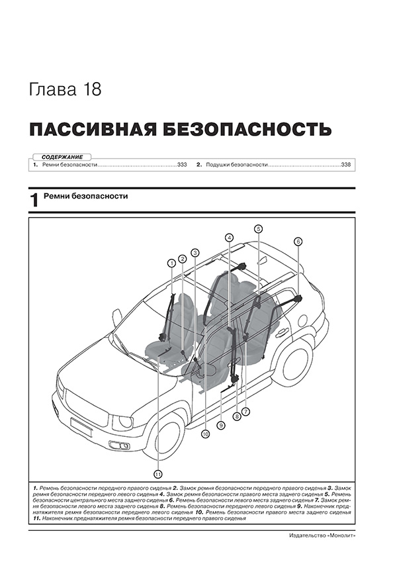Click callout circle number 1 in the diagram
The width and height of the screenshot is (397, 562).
[x=171, y=263]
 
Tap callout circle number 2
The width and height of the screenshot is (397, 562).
[x=183, y=258]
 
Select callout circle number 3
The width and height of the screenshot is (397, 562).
[x=195, y=252]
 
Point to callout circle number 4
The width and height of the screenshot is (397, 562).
[x=228, y=237]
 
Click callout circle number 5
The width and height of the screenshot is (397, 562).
[x=258, y=229]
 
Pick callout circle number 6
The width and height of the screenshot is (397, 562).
[x=298, y=241]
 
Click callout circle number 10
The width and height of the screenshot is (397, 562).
[x=205, y=434]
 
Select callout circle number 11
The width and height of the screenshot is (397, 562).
[x=157, y=473]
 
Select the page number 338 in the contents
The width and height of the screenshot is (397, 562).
[x=346, y=164]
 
